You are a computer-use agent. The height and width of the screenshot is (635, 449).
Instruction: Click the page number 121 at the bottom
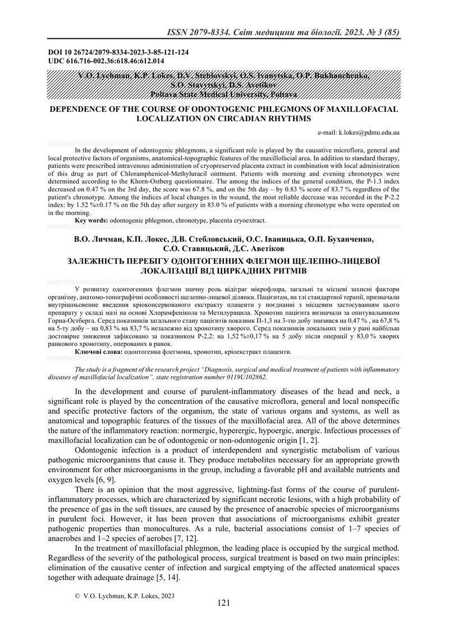[x=224, y=619]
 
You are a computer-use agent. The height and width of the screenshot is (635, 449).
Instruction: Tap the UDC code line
[x=107, y=60]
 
